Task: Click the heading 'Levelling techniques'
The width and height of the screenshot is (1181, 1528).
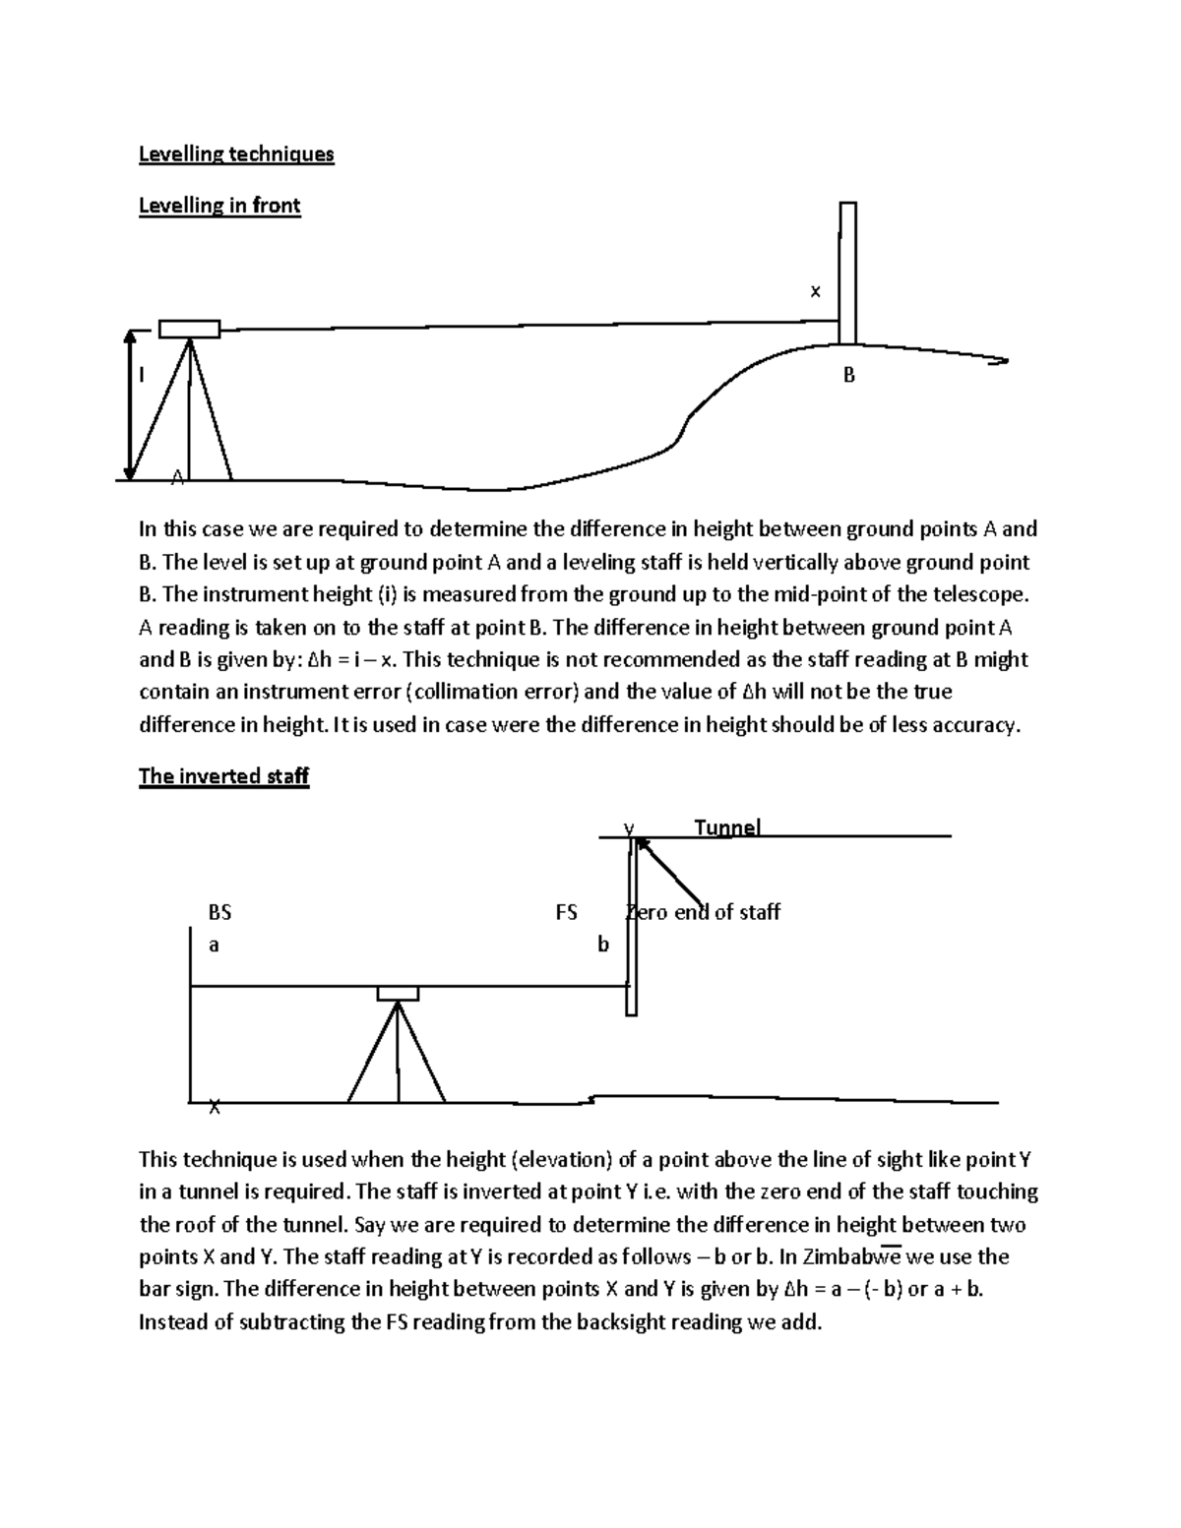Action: tap(236, 154)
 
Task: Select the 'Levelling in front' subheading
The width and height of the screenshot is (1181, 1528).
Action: tap(219, 206)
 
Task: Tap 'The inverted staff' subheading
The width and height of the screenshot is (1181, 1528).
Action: tap(223, 776)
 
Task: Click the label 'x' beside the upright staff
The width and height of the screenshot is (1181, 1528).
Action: tap(814, 291)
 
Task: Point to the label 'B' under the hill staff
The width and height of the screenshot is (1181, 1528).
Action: tap(848, 375)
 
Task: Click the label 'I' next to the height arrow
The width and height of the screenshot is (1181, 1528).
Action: tap(142, 375)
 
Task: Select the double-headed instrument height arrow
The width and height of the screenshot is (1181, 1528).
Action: tap(129, 403)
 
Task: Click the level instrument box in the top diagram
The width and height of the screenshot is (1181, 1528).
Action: tap(189, 329)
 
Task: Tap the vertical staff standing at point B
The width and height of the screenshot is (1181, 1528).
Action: tap(847, 273)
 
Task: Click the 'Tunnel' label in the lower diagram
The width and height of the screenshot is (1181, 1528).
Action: tap(727, 827)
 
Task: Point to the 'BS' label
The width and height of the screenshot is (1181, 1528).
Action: tap(219, 912)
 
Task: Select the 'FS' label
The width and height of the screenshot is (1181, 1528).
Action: tap(566, 912)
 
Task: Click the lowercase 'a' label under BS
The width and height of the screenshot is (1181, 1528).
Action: tap(214, 945)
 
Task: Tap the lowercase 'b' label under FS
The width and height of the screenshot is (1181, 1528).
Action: tap(603, 945)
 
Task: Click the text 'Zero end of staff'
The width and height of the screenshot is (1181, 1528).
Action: tap(705, 912)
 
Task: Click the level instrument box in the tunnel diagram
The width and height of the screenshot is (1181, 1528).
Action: tap(398, 993)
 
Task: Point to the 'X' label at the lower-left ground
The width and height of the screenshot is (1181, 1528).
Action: tap(215, 1108)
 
